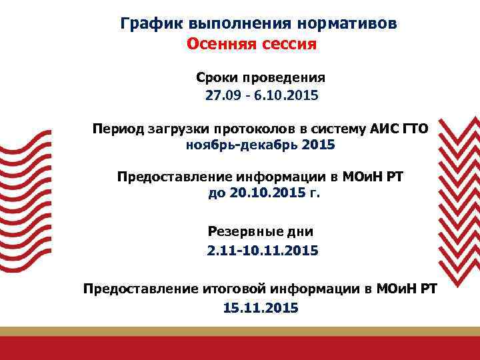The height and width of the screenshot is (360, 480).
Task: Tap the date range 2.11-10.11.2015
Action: click(262, 251)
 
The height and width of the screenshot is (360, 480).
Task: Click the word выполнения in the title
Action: click(224, 24)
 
